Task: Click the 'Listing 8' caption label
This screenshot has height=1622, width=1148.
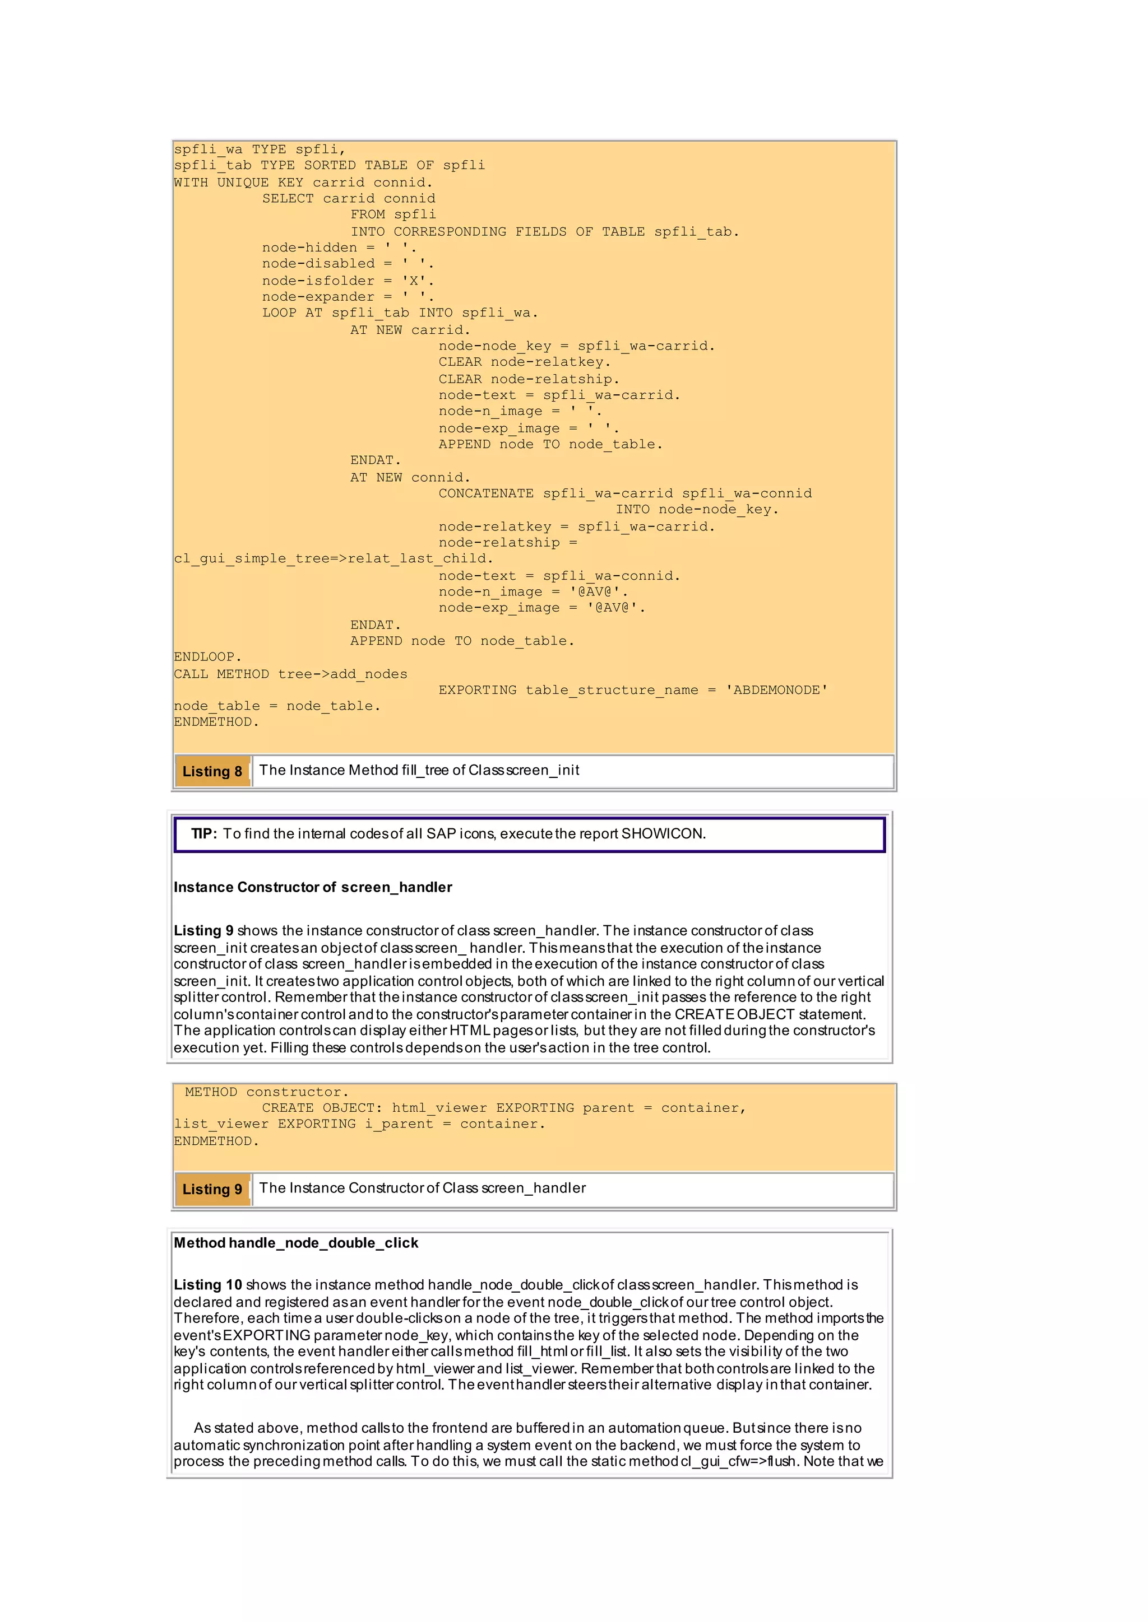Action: tap(212, 771)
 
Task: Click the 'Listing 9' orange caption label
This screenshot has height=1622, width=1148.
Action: tap(212, 1189)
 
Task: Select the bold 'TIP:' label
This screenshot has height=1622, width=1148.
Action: tap(203, 833)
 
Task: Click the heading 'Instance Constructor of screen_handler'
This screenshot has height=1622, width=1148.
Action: tap(312, 887)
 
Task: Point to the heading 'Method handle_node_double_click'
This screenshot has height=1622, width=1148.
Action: tap(295, 1243)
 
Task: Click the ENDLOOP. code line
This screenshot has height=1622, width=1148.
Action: tap(207, 657)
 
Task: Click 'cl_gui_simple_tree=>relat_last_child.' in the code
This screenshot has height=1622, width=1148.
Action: tap(333, 559)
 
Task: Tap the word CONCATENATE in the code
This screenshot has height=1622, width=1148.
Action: tap(485, 493)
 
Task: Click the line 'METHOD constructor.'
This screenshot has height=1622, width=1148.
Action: tap(266, 1092)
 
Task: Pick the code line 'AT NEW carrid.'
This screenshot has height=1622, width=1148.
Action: tap(410, 330)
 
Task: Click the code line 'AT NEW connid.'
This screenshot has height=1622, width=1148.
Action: tap(410, 478)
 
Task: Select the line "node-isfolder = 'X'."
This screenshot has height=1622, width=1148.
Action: tap(348, 281)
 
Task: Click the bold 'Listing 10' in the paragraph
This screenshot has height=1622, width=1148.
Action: tap(208, 1284)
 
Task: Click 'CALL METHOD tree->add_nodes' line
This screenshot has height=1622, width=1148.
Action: tap(290, 674)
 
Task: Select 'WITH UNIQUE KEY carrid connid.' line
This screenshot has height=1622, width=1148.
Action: tap(303, 182)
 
